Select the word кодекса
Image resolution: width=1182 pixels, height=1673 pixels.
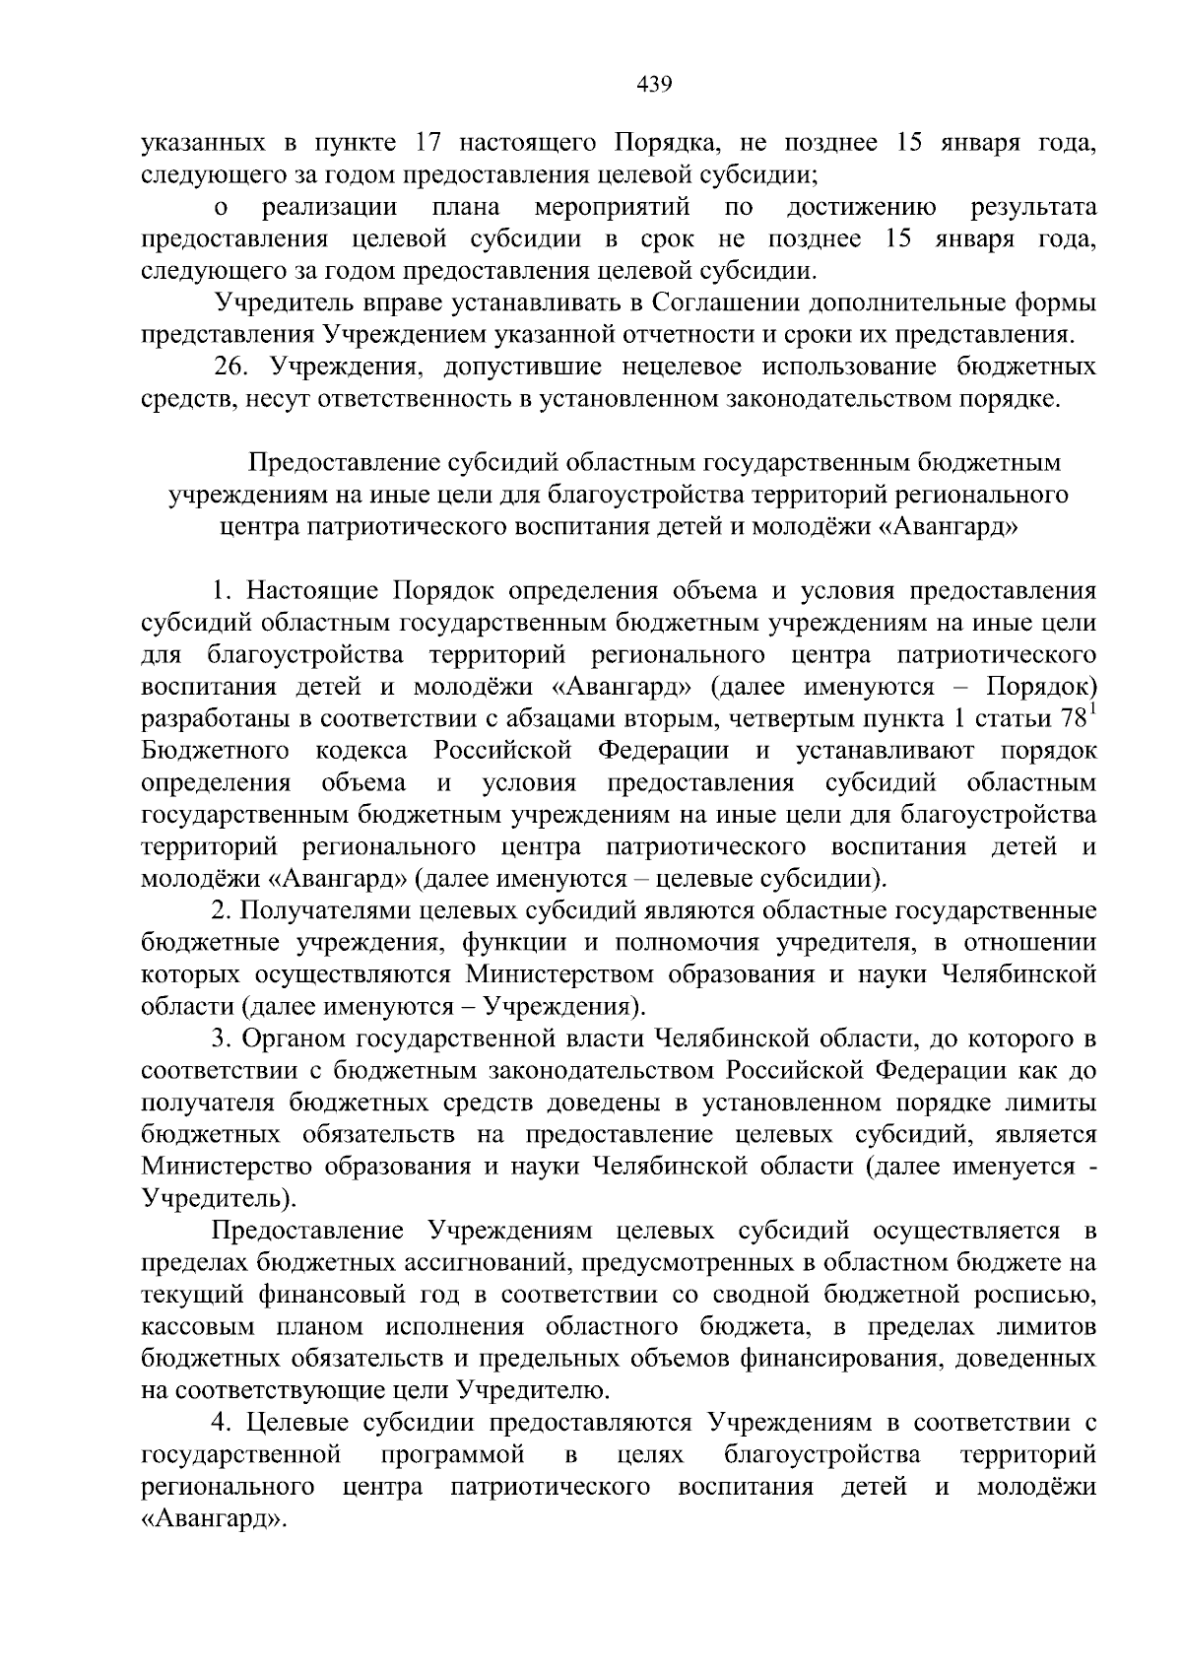click(x=361, y=751)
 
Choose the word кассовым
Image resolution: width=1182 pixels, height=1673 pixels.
click(x=193, y=1326)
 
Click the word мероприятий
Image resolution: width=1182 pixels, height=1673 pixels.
click(x=611, y=208)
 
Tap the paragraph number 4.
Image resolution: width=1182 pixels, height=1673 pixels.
click(x=223, y=1422)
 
